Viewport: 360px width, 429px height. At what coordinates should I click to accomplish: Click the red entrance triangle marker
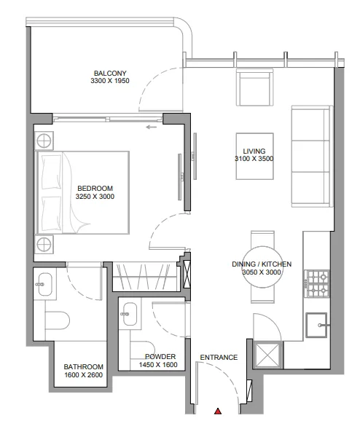(x=218, y=411)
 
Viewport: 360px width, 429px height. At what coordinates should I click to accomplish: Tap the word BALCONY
(x=110, y=74)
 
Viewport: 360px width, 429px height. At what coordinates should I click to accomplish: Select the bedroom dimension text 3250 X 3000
(x=95, y=197)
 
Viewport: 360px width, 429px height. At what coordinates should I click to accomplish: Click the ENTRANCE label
(x=219, y=358)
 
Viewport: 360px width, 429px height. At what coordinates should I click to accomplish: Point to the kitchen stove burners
(x=318, y=284)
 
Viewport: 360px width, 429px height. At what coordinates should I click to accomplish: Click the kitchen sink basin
(x=317, y=326)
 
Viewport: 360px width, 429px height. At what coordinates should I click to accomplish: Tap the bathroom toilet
(x=57, y=320)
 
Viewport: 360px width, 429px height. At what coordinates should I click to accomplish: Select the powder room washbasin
(x=129, y=314)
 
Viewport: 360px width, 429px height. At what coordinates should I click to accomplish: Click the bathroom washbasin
(x=44, y=284)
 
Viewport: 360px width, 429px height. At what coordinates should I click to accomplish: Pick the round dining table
(x=262, y=267)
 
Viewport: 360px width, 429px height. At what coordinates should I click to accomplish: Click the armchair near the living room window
(x=254, y=87)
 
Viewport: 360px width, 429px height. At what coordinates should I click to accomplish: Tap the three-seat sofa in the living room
(x=312, y=156)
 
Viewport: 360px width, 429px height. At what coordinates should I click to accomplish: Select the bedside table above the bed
(x=44, y=141)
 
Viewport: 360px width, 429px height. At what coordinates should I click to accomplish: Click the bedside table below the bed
(x=44, y=244)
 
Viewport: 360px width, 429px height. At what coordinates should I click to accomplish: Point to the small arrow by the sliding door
(x=151, y=127)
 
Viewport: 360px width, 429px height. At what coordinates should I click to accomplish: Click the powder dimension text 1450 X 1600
(x=158, y=365)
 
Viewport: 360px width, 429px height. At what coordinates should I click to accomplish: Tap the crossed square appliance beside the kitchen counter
(x=267, y=355)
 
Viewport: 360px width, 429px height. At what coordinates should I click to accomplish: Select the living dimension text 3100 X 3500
(x=254, y=159)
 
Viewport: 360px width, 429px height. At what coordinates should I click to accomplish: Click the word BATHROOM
(x=84, y=366)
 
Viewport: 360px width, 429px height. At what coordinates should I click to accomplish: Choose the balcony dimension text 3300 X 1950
(x=110, y=81)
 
